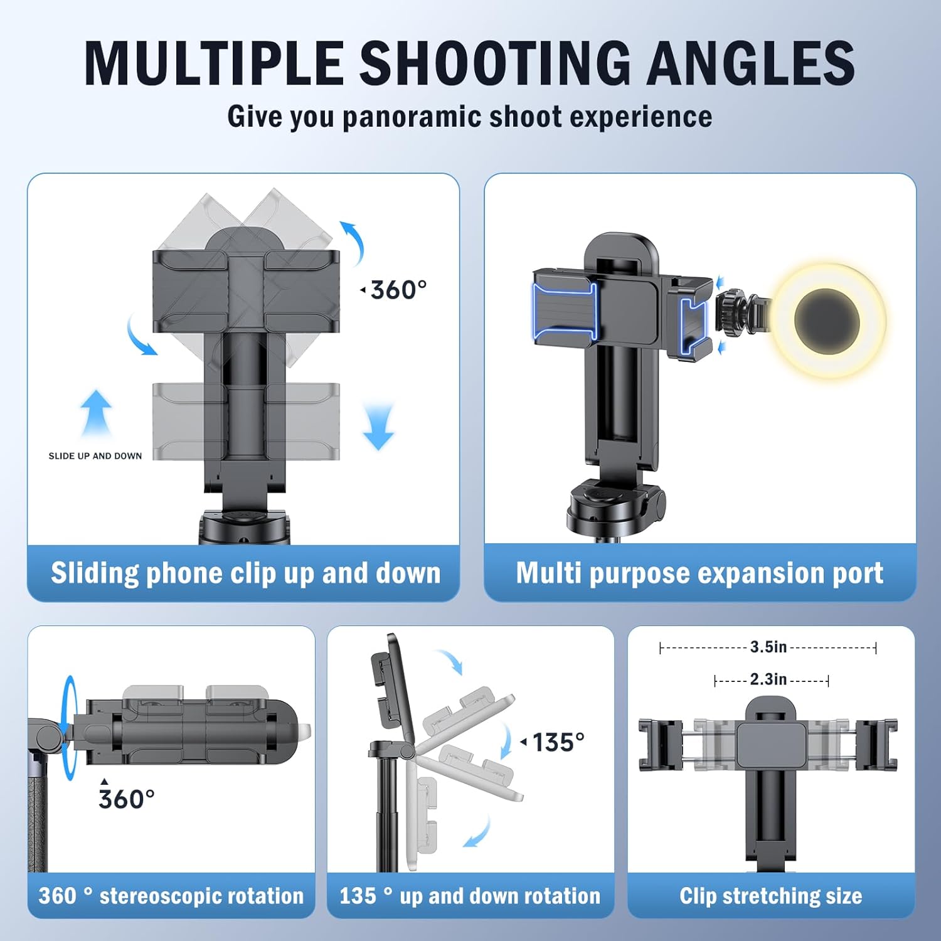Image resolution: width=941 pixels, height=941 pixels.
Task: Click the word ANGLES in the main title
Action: pyautogui.click(x=751, y=63)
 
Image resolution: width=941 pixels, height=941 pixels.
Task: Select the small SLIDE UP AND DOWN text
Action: pyautogui.click(x=95, y=456)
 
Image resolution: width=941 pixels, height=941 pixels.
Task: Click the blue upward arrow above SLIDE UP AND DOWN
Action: pyautogui.click(x=96, y=413)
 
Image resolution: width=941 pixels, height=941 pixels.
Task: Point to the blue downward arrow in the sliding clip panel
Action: pyautogui.click(x=378, y=427)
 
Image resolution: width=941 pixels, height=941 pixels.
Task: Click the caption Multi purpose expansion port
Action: pyautogui.click(x=699, y=573)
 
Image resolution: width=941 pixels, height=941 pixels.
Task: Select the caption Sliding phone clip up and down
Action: pyautogui.click(x=245, y=573)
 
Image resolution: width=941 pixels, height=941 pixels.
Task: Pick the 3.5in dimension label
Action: pyautogui.click(x=768, y=647)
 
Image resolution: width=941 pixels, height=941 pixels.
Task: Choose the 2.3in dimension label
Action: pyautogui.click(x=768, y=679)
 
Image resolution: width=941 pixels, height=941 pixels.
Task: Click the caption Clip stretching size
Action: pyautogui.click(x=771, y=896)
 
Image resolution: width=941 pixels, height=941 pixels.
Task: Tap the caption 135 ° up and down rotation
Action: pyautogui.click(x=470, y=896)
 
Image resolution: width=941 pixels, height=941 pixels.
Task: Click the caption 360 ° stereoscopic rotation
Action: pyautogui.click(x=171, y=896)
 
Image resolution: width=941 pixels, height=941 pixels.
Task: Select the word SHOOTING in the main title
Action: pyautogui.click(x=494, y=63)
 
